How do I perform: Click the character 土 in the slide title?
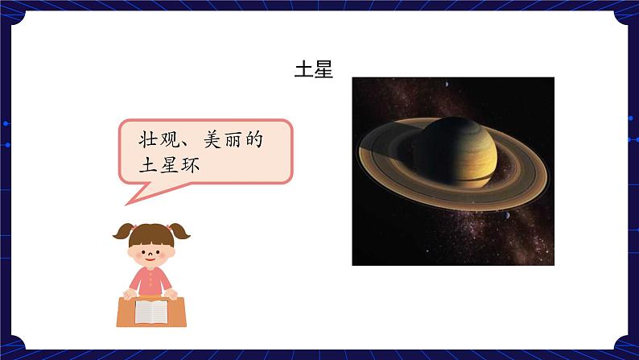click(303, 69)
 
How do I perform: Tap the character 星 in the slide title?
click(323, 69)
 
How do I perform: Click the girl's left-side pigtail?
click(122, 233)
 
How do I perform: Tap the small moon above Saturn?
click(445, 86)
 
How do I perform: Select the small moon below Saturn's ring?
click(505, 215)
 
